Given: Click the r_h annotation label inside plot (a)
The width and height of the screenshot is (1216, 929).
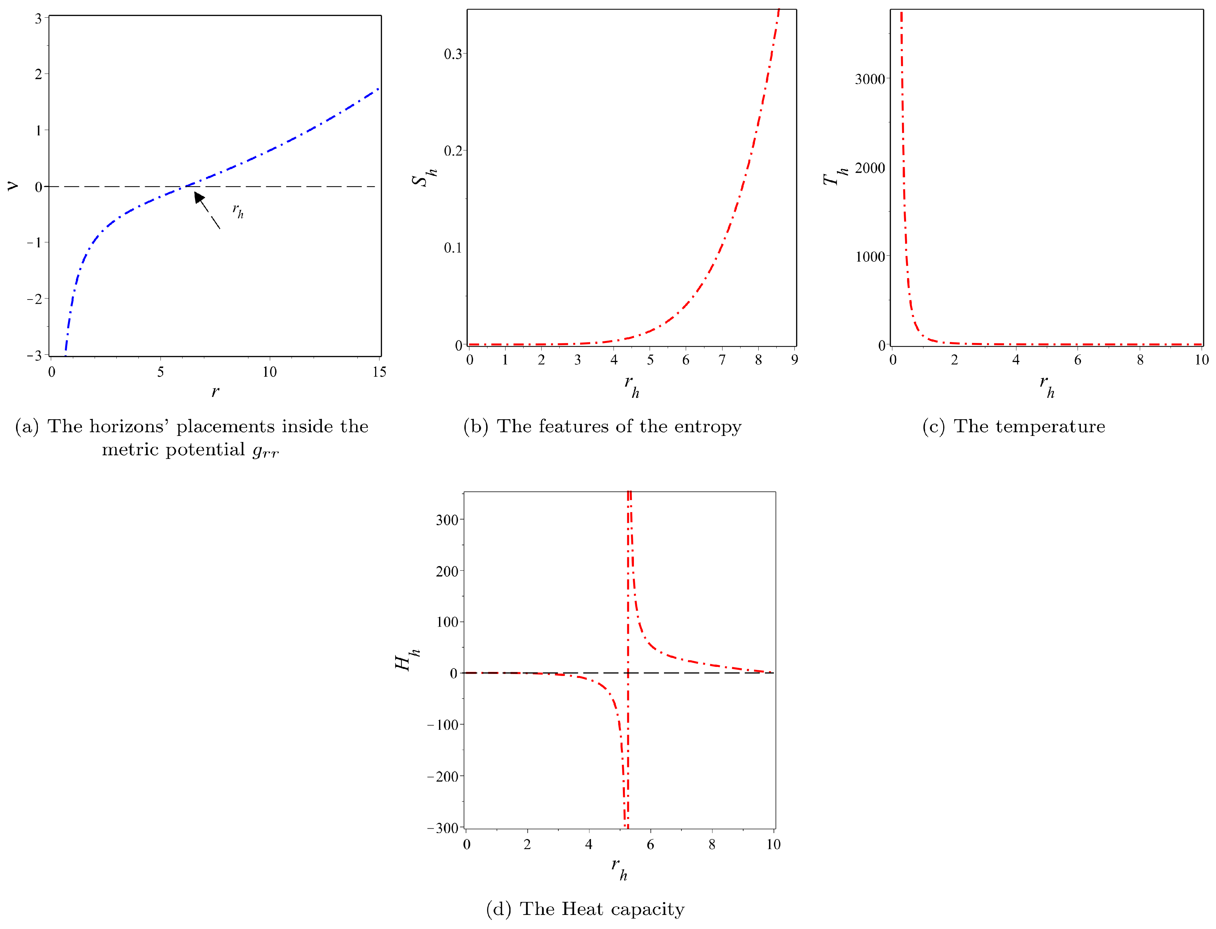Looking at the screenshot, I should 238,210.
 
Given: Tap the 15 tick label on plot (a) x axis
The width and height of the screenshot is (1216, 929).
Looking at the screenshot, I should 379,372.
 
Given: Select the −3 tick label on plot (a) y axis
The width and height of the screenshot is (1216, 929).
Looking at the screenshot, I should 34,356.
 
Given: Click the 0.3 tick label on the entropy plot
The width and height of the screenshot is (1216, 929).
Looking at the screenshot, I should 452,54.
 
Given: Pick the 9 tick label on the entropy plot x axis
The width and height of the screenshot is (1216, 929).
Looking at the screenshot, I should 794,360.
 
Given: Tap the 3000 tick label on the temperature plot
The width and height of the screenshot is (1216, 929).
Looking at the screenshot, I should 870,79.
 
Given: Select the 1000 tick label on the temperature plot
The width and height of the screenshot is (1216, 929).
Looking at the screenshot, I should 870,257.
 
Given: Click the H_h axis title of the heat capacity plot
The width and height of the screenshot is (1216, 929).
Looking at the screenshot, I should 407,660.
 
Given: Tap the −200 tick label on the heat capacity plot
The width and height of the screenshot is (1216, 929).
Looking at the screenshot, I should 442,776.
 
